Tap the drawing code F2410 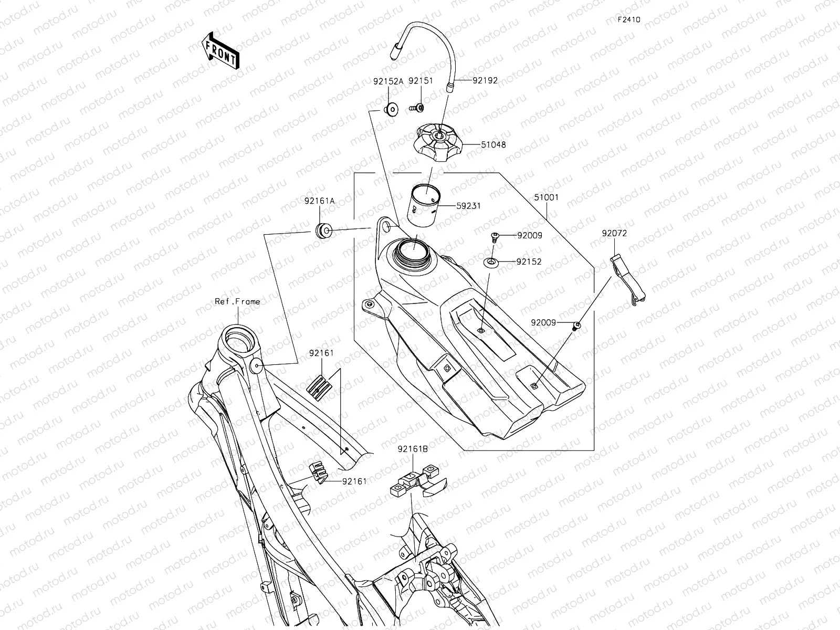coord(628,19)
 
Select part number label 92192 coord(485,81)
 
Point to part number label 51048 coord(493,144)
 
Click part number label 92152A coord(388,81)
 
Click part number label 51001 coord(546,198)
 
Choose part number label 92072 coord(614,233)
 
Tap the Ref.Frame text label coord(237,301)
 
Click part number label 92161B coord(413,449)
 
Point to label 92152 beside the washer coord(529,261)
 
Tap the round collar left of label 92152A coord(391,110)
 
